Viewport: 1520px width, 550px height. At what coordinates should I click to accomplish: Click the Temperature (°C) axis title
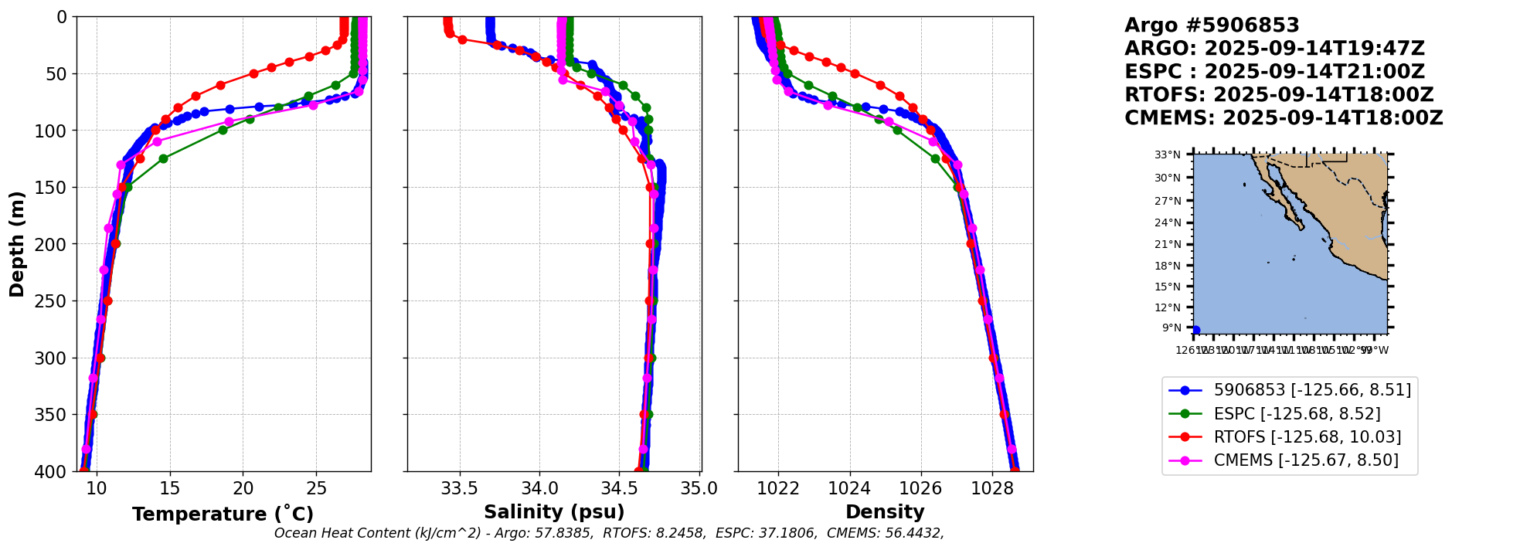click(x=223, y=514)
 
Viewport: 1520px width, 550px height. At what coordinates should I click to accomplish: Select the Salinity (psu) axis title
click(x=554, y=512)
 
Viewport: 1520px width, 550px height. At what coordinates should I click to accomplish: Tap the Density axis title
click(x=885, y=512)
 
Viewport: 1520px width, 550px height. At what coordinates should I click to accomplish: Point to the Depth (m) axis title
click(x=17, y=244)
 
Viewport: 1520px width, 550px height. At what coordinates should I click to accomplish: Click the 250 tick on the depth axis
click(x=54, y=301)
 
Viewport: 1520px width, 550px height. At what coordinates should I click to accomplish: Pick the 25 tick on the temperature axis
click(x=317, y=489)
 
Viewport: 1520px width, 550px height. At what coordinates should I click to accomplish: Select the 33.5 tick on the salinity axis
click(x=460, y=489)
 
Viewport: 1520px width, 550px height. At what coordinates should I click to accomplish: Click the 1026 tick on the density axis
click(x=921, y=489)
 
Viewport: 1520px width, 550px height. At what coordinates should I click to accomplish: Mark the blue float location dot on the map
click(x=1196, y=331)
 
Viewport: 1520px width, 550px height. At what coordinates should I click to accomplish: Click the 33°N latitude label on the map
click(x=1168, y=155)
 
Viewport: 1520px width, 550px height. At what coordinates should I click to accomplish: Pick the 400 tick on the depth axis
click(x=54, y=471)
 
